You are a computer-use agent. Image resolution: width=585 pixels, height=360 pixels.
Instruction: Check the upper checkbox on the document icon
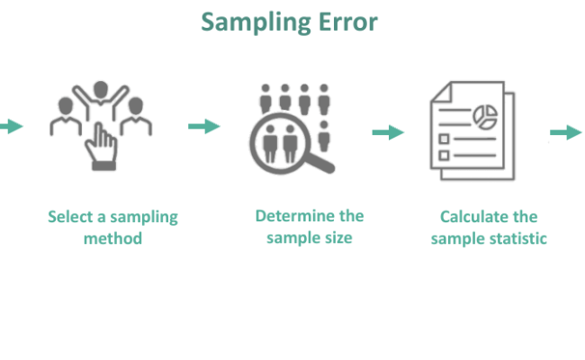pos(443,138)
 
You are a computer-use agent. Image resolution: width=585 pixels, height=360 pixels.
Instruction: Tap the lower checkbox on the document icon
pos(443,156)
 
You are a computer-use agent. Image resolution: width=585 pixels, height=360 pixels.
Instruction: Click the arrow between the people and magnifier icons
pos(204,127)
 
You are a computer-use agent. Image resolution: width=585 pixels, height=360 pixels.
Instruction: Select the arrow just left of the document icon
pos(388,133)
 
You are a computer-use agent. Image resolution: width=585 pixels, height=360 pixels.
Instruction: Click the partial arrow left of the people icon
pos(11,127)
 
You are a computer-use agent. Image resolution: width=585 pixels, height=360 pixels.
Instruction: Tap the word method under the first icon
pos(113,238)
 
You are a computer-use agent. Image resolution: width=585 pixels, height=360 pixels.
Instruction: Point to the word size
pos(336,238)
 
